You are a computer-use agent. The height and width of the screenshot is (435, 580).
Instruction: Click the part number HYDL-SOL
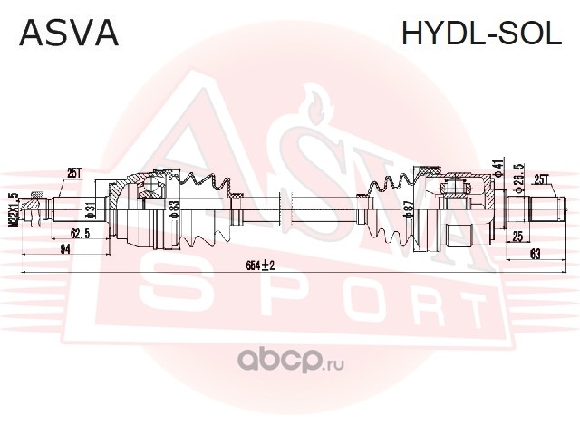(480, 33)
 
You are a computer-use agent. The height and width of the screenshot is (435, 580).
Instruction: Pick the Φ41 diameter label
(498, 169)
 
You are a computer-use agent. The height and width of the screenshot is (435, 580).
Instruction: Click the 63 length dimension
(536, 256)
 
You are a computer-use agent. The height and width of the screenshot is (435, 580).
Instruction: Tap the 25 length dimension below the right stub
(517, 237)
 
